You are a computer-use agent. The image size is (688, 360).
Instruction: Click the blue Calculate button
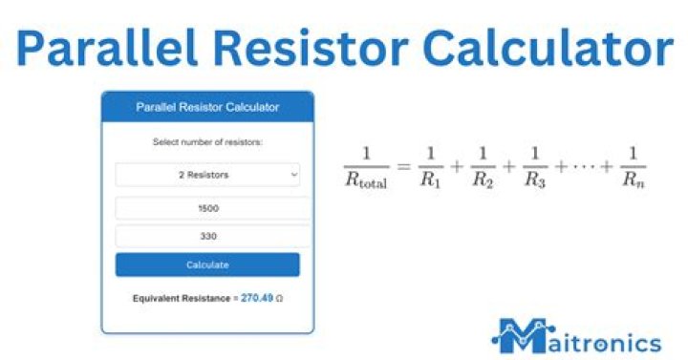coord(207,265)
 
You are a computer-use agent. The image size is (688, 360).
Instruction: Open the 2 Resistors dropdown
coord(207,175)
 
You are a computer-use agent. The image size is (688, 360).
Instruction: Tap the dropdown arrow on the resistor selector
coord(292,175)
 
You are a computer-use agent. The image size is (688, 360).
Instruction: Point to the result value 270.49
coord(256,298)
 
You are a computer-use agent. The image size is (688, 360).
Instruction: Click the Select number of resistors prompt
coord(207,142)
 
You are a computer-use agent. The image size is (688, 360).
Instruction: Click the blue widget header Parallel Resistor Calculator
coord(207,107)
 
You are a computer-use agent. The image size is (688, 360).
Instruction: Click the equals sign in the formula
coord(401,167)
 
